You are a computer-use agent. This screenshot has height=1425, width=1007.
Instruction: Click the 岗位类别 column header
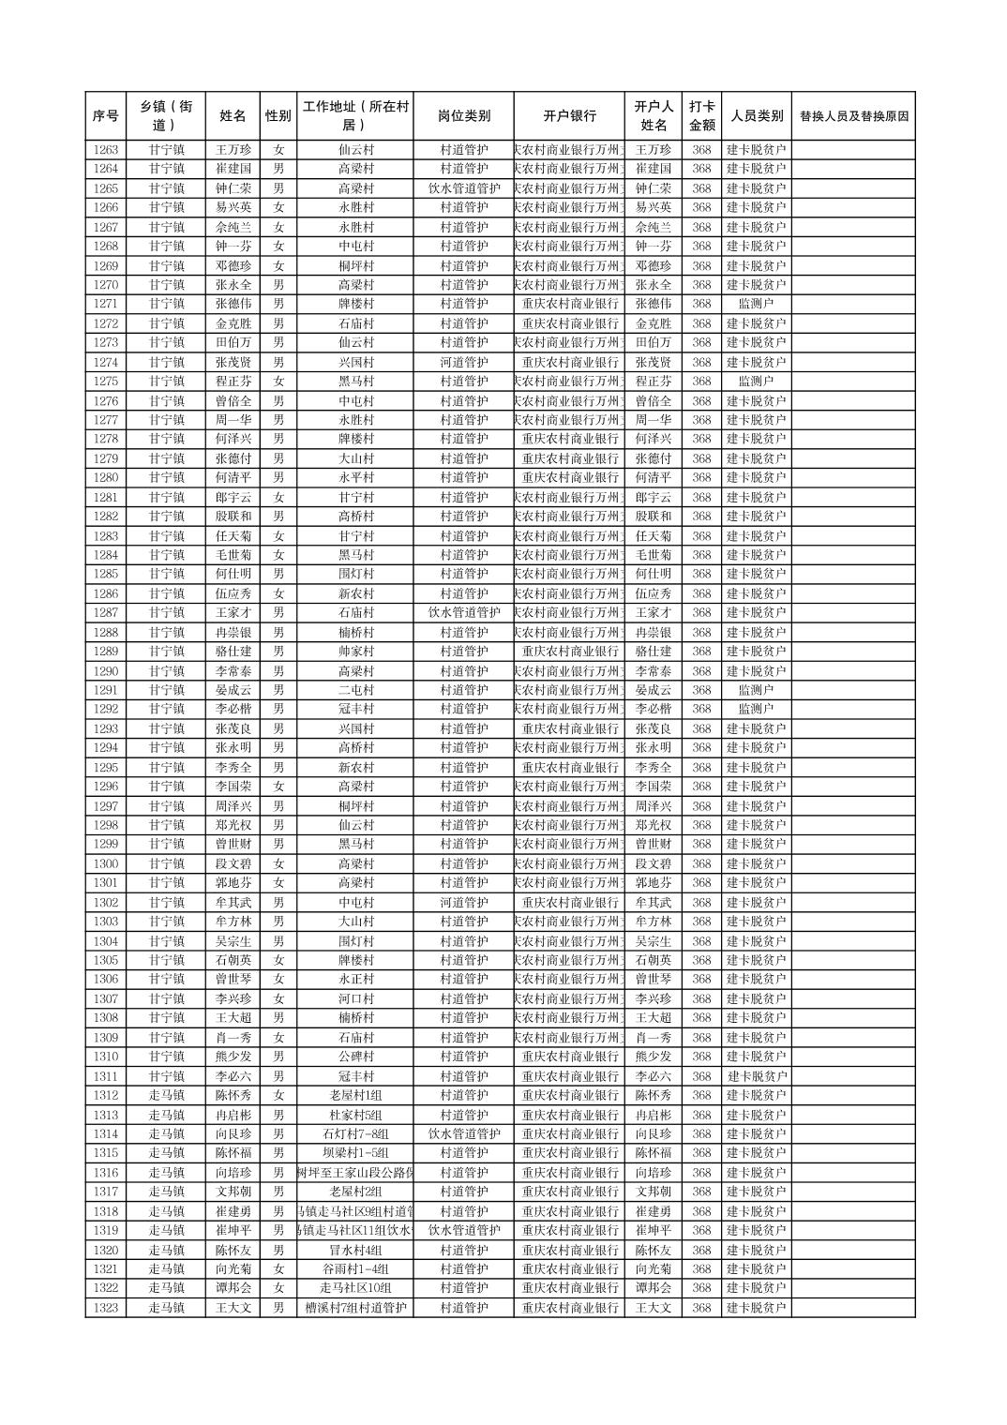pyautogui.click(x=463, y=116)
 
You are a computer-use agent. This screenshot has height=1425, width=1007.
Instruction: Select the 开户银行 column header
pyautogui.click(x=569, y=116)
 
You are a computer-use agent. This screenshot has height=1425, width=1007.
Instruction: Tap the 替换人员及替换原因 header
pyautogui.click(x=853, y=116)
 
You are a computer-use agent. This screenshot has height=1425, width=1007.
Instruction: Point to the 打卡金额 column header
pyautogui.click(x=701, y=116)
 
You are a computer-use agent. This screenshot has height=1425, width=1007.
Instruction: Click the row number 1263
pyautogui.click(x=106, y=150)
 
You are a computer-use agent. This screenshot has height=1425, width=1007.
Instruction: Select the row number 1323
pyautogui.click(x=106, y=1308)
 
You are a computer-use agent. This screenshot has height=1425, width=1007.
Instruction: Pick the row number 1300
pyautogui.click(x=106, y=863)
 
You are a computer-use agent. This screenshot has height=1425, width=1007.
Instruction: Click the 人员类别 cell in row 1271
pyautogui.click(x=756, y=304)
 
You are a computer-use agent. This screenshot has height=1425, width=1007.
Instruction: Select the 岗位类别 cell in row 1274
pyautogui.click(x=463, y=362)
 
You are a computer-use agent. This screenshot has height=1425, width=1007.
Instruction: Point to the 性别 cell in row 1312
pyautogui.click(x=278, y=1095)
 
